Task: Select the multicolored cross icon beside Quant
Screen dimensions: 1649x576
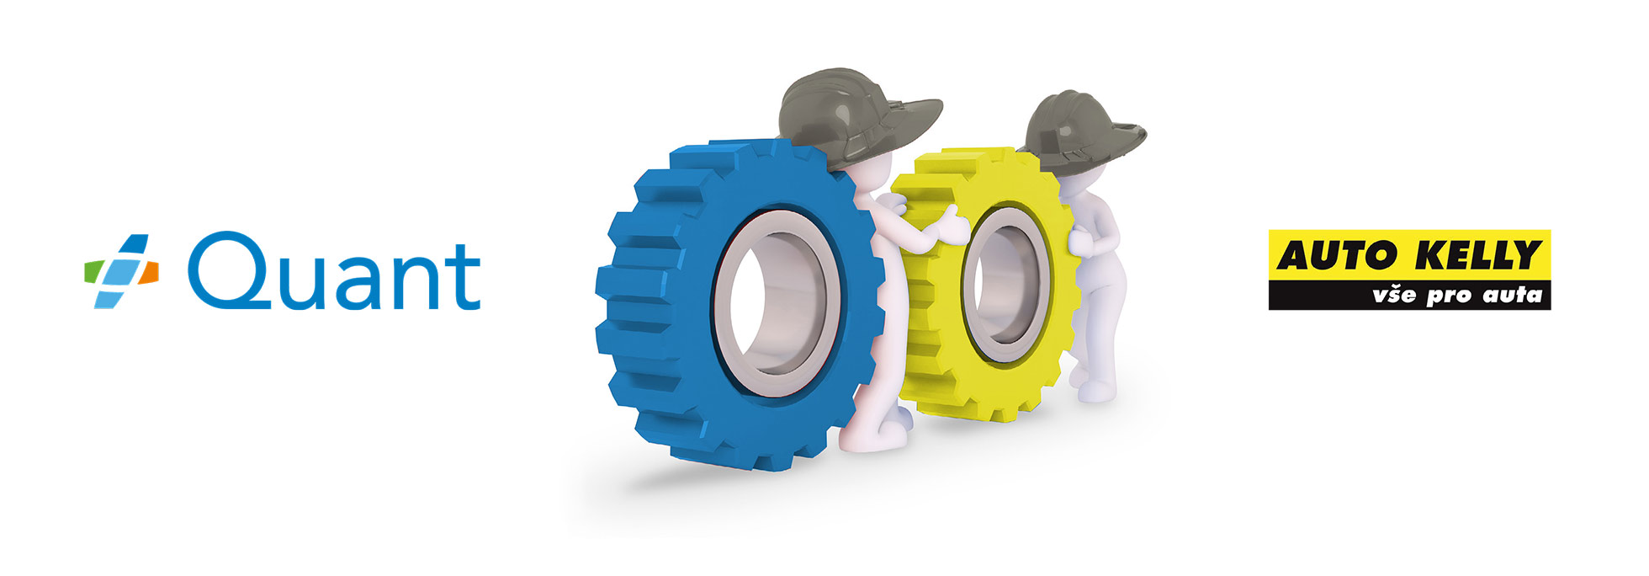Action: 121,270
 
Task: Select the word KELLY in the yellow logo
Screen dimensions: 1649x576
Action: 1471,254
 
